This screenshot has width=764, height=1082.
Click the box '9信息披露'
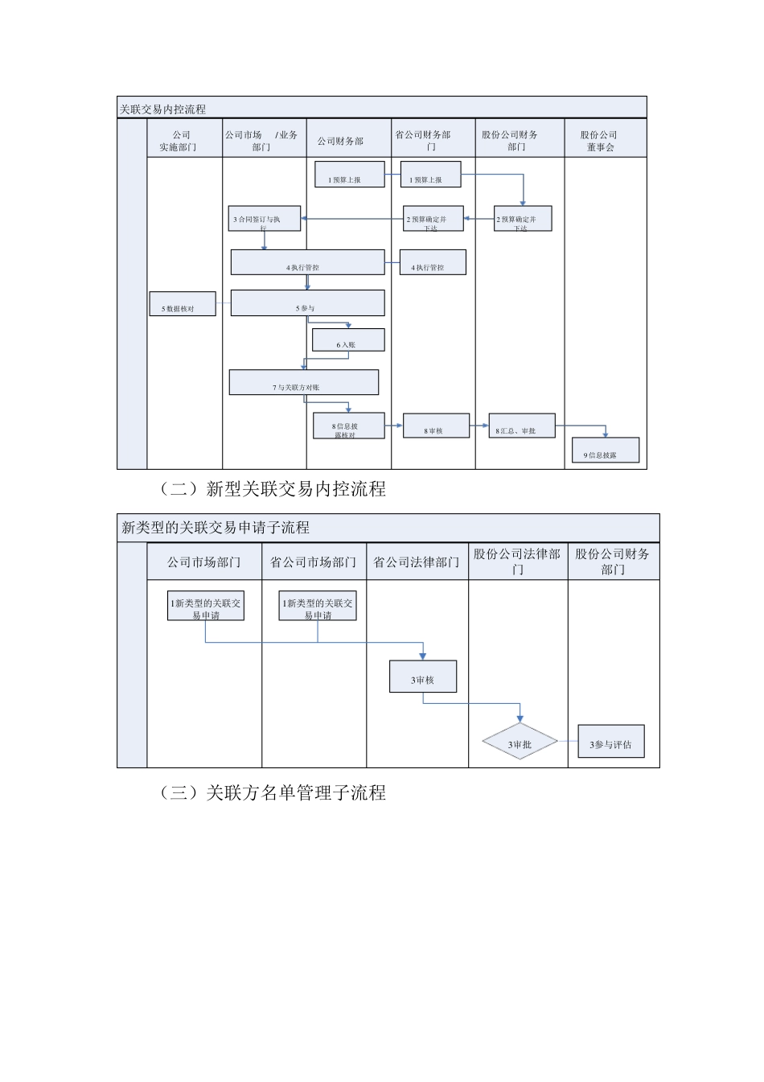coord(606,450)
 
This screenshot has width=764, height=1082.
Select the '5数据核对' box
coord(183,304)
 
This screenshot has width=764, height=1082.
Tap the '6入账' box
coord(348,340)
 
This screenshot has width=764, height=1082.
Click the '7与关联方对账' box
coord(303,382)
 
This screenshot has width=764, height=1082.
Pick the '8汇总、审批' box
coord(521,426)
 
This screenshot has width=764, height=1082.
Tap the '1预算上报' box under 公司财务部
coord(350,175)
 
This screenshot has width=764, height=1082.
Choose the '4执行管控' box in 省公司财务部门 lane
coord(433,262)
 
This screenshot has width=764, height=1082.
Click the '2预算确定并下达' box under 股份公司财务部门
coord(523,219)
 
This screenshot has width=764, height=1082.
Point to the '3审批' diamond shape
coord(520,744)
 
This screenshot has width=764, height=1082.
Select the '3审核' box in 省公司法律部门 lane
coord(423,677)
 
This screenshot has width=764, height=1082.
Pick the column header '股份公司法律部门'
coord(518,561)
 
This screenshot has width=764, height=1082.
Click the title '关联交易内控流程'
coord(163,109)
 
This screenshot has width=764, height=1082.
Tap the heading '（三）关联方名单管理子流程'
coord(273,793)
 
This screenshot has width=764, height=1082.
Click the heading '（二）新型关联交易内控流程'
coord(273,489)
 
